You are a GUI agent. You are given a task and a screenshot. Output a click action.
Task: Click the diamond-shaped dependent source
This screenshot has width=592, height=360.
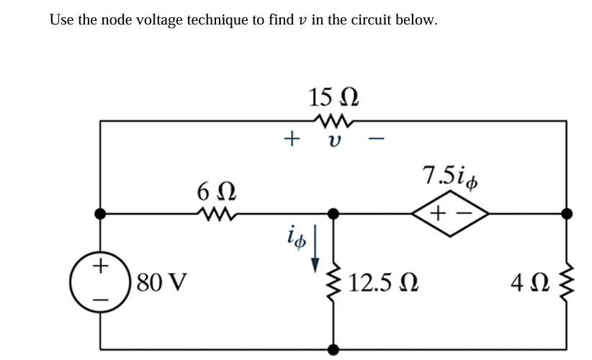click(449, 213)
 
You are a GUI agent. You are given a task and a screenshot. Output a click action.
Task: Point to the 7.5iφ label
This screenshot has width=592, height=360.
click(450, 177)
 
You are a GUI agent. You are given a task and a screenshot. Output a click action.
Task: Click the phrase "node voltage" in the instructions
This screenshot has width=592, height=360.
click(136, 19)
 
